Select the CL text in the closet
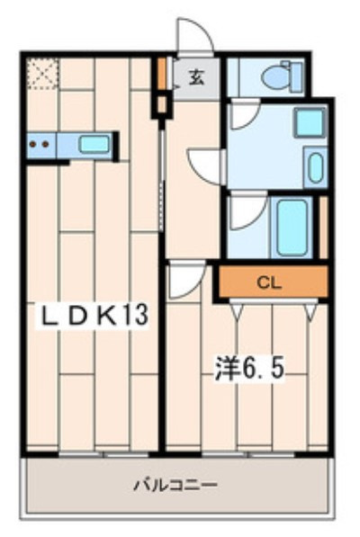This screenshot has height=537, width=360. [268, 282]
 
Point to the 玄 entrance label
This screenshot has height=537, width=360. [196, 77]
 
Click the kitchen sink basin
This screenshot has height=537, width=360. [93, 144]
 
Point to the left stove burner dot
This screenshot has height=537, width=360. [32, 143]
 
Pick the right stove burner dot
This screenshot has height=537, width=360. [44, 143]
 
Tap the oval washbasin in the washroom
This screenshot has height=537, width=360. [314, 168]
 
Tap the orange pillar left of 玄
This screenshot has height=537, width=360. [162, 75]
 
